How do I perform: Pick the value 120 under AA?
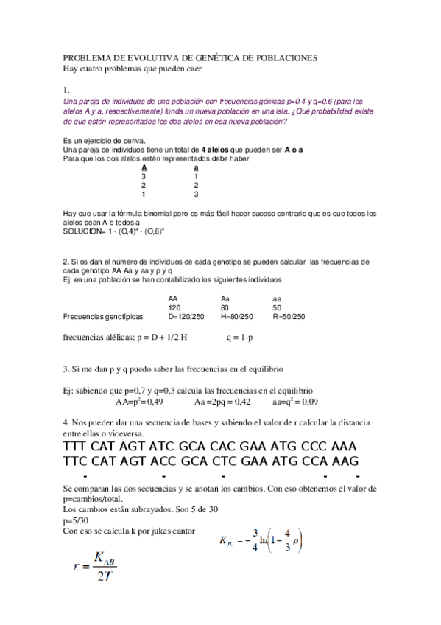click(x=174, y=307)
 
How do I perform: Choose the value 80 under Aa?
click(x=225, y=307)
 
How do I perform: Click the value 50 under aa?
click(x=277, y=307)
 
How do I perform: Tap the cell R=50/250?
click(x=289, y=316)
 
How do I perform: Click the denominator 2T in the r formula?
click(x=103, y=576)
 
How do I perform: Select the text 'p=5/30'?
click(x=76, y=520)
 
